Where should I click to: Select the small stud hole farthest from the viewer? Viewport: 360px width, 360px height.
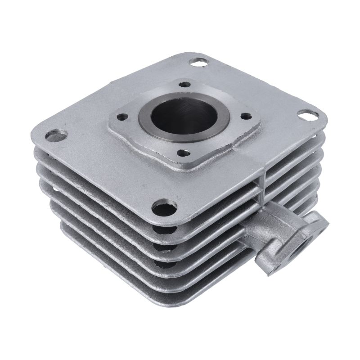184,84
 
